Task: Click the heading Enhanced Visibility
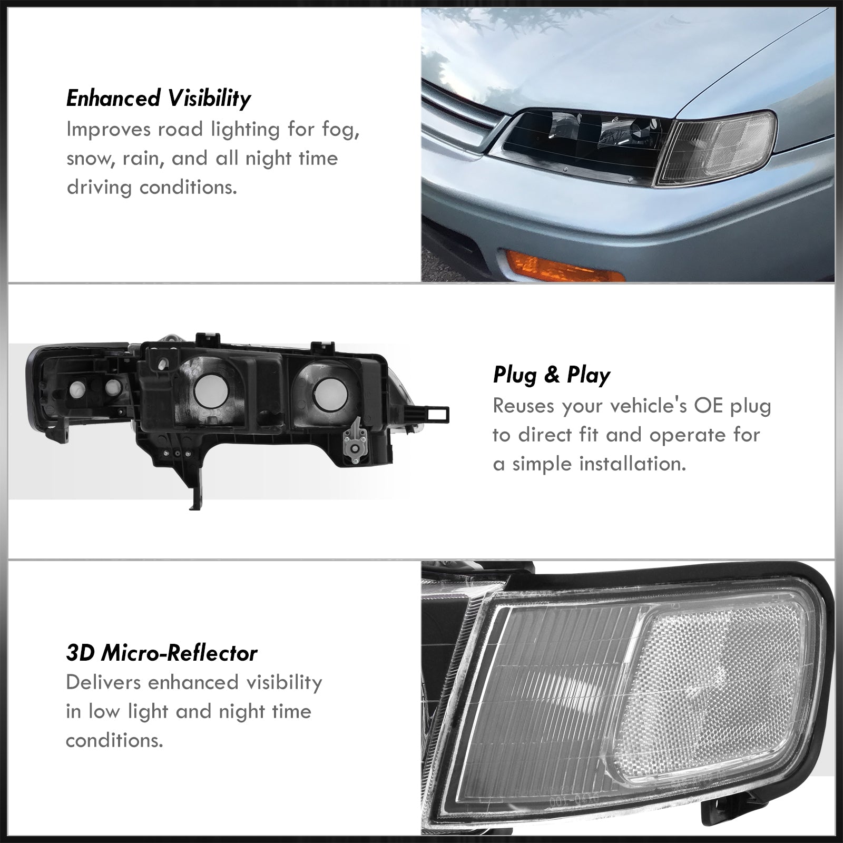[159, 99]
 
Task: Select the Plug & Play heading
[552, 375]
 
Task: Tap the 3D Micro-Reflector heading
[162, 653]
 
